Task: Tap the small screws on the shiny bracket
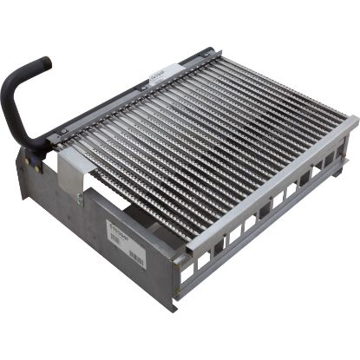pyautogui.click(x=80, y=198)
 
